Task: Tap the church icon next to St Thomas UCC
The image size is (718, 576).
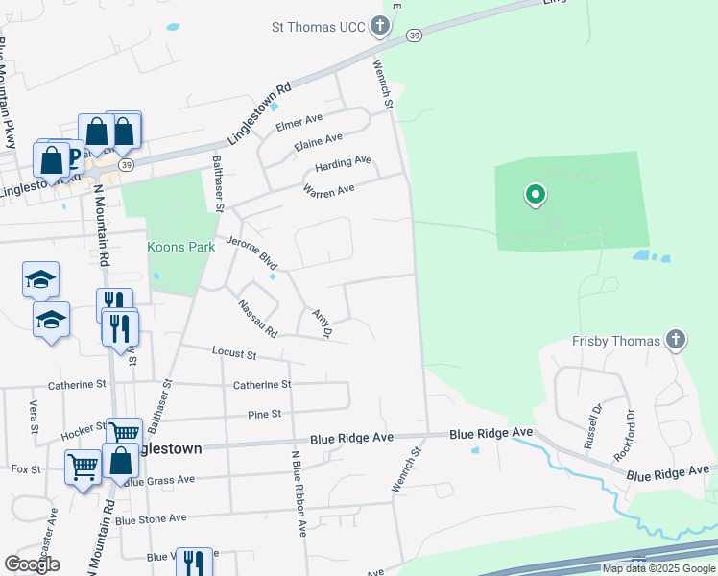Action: [380, 26]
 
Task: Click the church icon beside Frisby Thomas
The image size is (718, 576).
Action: [676, 340]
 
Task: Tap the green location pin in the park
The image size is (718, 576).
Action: [536, 197]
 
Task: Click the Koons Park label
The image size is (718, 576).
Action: [180, 247]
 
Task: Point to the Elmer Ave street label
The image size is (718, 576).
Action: [299, 122]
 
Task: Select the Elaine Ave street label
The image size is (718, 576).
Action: [319, 142]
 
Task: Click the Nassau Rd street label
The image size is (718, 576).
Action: [257, 319]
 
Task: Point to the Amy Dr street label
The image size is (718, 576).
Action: [321, 324]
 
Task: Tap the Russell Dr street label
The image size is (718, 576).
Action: [591, 432]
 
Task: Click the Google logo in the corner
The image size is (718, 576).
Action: [32, 564]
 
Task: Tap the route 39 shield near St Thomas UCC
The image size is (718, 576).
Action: [414, 36]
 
